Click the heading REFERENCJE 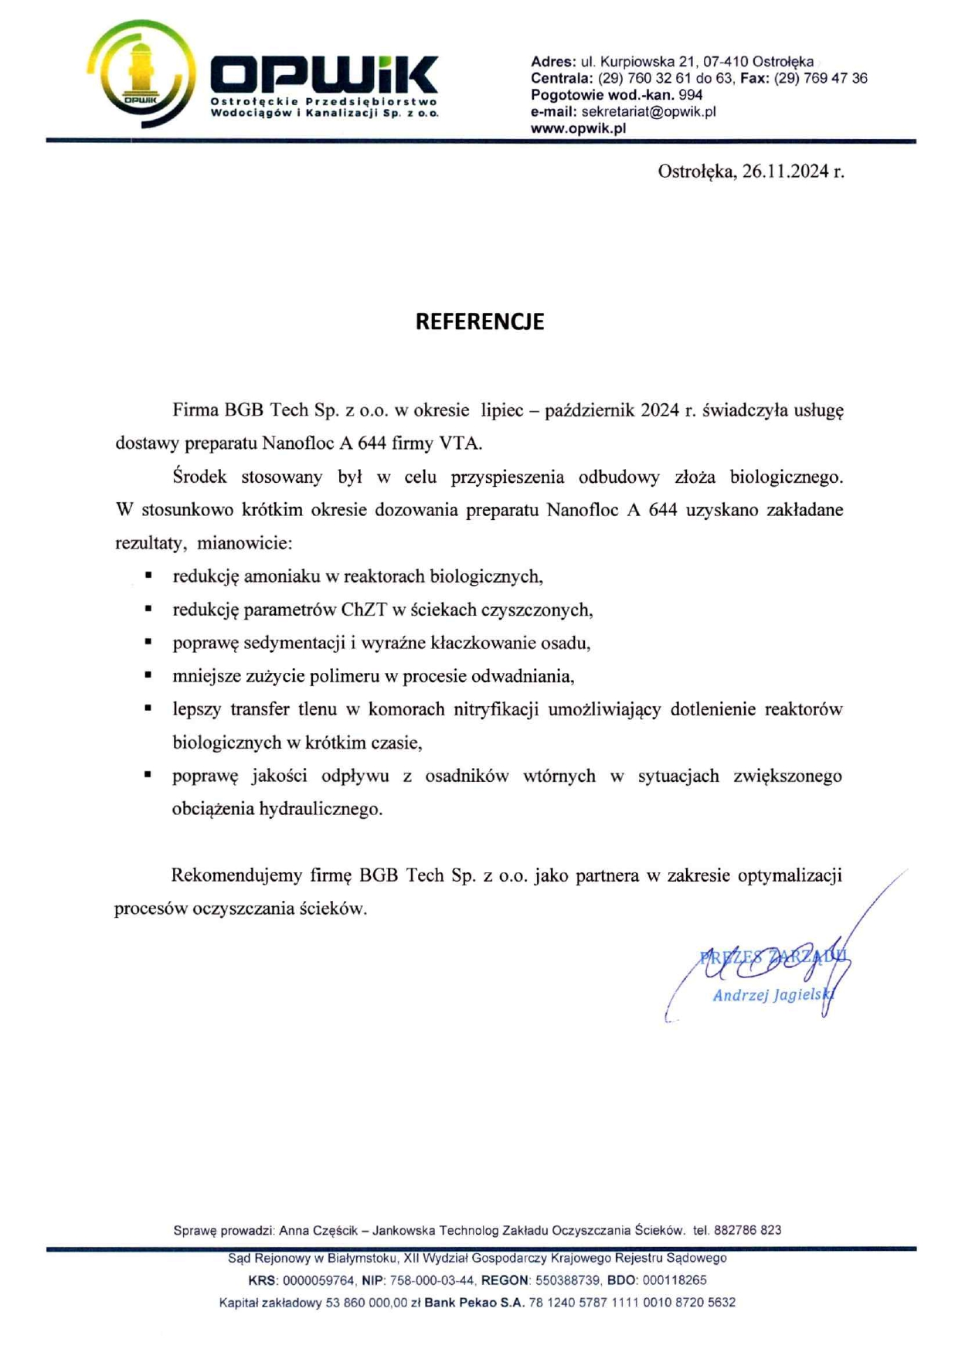click(479, 321)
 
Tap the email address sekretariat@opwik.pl click(648, 111)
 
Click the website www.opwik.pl click(578, 128)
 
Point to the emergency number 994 click(690, 95)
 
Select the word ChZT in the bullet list click(364, 610)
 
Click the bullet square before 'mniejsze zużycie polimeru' click(148, 674)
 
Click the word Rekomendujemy click(236, 875)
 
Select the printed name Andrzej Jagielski click(772, 995)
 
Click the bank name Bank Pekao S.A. click(474, 1303)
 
